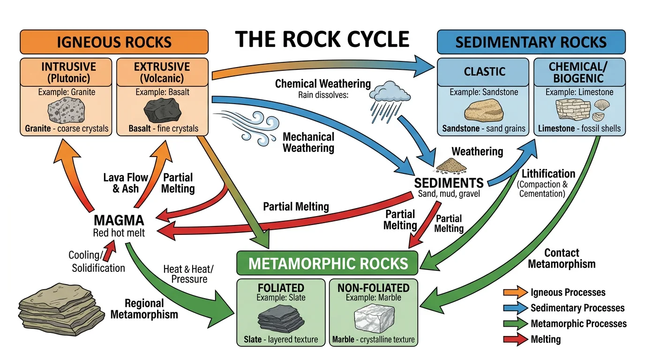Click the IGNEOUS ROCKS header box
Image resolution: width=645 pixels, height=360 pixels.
[x=114, y=42]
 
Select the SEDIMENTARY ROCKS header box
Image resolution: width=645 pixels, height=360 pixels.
[x=531, y=42]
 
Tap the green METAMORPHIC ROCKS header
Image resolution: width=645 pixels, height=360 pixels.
[x=328, y=263]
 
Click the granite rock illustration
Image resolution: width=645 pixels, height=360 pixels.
[x=66, y=112]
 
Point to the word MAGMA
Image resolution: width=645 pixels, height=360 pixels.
[x=119, y=220]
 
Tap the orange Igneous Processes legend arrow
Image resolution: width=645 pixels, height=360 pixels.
[x=515, y=292]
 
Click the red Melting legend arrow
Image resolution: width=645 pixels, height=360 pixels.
[x=515, y=339]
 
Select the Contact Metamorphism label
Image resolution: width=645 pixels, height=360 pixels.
[x=562, y=258]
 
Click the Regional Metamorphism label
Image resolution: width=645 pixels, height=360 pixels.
[x=144, y=308]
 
